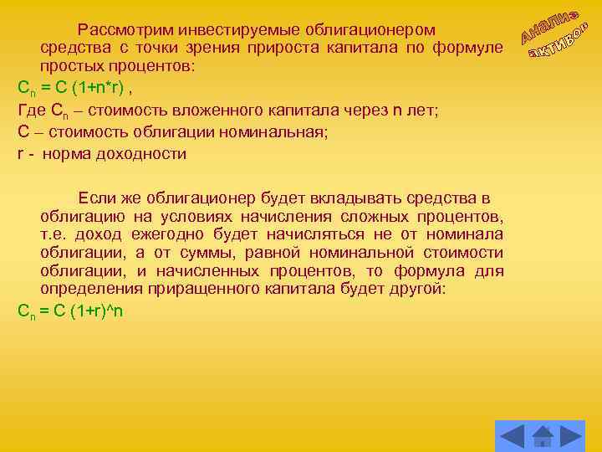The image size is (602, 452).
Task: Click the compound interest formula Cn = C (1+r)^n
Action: click(70, 311)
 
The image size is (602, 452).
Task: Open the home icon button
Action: click(542, 436)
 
